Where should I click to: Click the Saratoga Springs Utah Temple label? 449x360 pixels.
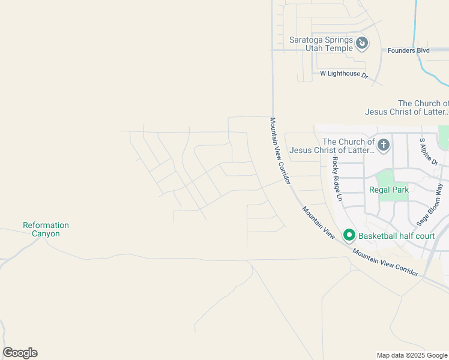[321, 44]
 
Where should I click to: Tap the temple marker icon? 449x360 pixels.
[362, 43]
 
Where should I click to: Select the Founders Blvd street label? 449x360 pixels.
[408, 50]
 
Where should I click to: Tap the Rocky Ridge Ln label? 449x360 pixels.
[337, 178]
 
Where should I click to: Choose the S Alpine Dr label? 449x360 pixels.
[429, 152]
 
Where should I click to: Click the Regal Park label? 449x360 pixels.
[389, 190]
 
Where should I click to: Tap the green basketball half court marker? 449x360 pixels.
[349, 235]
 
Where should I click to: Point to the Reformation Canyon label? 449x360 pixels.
[46, 229]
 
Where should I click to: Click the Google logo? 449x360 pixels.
[20, 353]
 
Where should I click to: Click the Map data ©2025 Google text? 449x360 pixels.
[412, 355]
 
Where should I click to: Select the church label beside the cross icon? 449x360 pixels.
[332, 146]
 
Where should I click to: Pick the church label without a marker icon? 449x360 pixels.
[406, 107]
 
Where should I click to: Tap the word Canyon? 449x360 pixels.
[46, 233]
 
